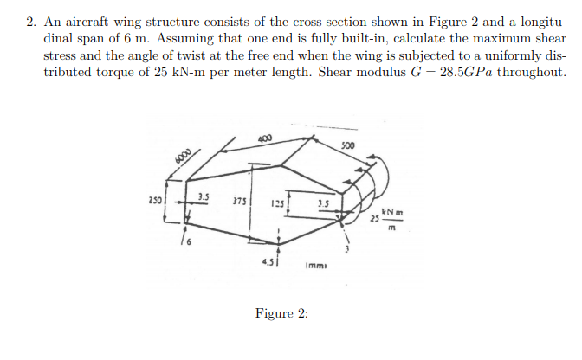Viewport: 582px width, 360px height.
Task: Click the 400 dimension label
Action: click(x=265, y=138)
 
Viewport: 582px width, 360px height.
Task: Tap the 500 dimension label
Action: click(x=348, y=145)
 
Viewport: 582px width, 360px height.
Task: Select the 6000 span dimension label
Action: click(x=183, y=156)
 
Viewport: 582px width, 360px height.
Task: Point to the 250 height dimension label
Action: click(x=155, y=201)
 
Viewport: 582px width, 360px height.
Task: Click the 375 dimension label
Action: click(x=239, y=202)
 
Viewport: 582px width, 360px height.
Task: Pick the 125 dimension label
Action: click(x=277, y=203)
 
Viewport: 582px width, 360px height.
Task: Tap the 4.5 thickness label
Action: click(x=268, y=262)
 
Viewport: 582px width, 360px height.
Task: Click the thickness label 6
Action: click(x=189, y=242)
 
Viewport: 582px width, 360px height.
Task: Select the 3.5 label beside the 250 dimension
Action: click(x=204, y=196)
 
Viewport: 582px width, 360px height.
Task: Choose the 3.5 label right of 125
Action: click(x=323, y=203)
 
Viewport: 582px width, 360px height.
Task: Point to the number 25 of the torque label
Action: click(x=375, y=218)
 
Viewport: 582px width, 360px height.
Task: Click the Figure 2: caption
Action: click(x=281, y=313)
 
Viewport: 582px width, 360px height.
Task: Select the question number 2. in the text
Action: click(x=31, y=22)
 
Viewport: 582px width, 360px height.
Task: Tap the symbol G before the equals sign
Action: click(x=416, y=72)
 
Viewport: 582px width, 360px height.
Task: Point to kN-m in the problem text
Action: click(x=189, y=72)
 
